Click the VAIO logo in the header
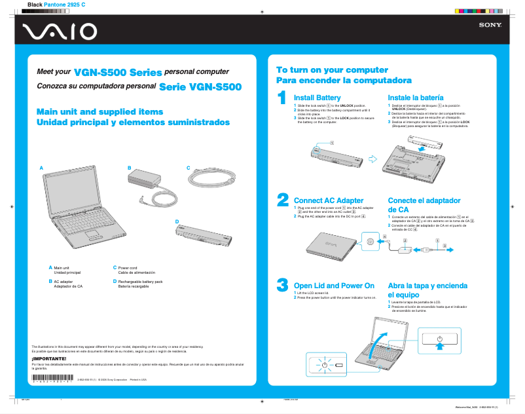click(x=59, y=31)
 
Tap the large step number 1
click(x=281, y=98)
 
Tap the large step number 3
click(x=282, y=284)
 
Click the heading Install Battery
click(x=317, y=98)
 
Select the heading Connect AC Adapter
click(x=329, y=200)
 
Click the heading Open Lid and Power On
click(x=334, y=286)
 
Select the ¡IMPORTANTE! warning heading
click(x=49, y=358)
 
